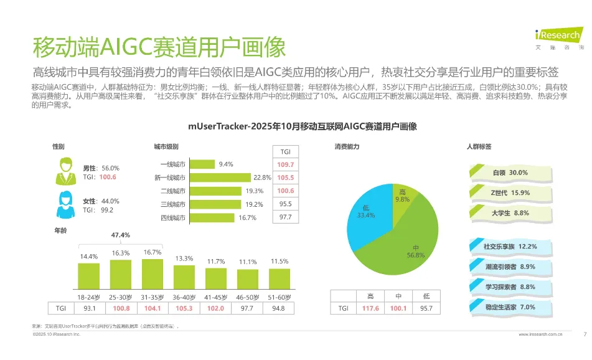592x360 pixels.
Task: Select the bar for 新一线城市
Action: coord(220,178)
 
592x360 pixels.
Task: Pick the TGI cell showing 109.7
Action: coord(286,164)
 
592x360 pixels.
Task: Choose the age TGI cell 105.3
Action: coord(185,308)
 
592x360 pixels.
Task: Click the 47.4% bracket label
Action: coord(120,235)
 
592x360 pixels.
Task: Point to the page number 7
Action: coord(585,334)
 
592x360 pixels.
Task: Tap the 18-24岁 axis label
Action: coord(89,296)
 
